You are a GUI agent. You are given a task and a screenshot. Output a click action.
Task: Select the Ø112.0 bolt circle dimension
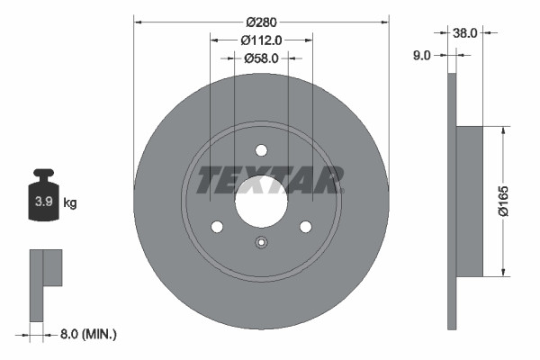[262, 40]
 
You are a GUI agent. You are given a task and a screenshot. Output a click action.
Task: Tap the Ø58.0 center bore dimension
[262, 58]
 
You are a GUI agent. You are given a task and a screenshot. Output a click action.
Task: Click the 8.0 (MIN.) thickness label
[87, 334]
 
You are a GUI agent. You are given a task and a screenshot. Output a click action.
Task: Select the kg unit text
[70, 203]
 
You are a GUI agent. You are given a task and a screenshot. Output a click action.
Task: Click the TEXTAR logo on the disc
[270, 180]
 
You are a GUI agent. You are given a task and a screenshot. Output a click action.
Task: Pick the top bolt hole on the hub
[261, 150]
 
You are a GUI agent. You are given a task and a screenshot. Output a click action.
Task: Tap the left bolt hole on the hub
[217, 227]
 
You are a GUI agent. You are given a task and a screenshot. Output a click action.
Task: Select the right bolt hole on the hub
[305, 227]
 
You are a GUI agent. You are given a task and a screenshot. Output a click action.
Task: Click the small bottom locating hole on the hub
[261, 241]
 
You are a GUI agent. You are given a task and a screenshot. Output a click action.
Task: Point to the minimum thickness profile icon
[46, 280]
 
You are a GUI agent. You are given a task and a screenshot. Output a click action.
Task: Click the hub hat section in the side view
[470, 201]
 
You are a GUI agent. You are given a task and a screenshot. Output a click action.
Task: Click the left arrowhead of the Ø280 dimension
[138, 19]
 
